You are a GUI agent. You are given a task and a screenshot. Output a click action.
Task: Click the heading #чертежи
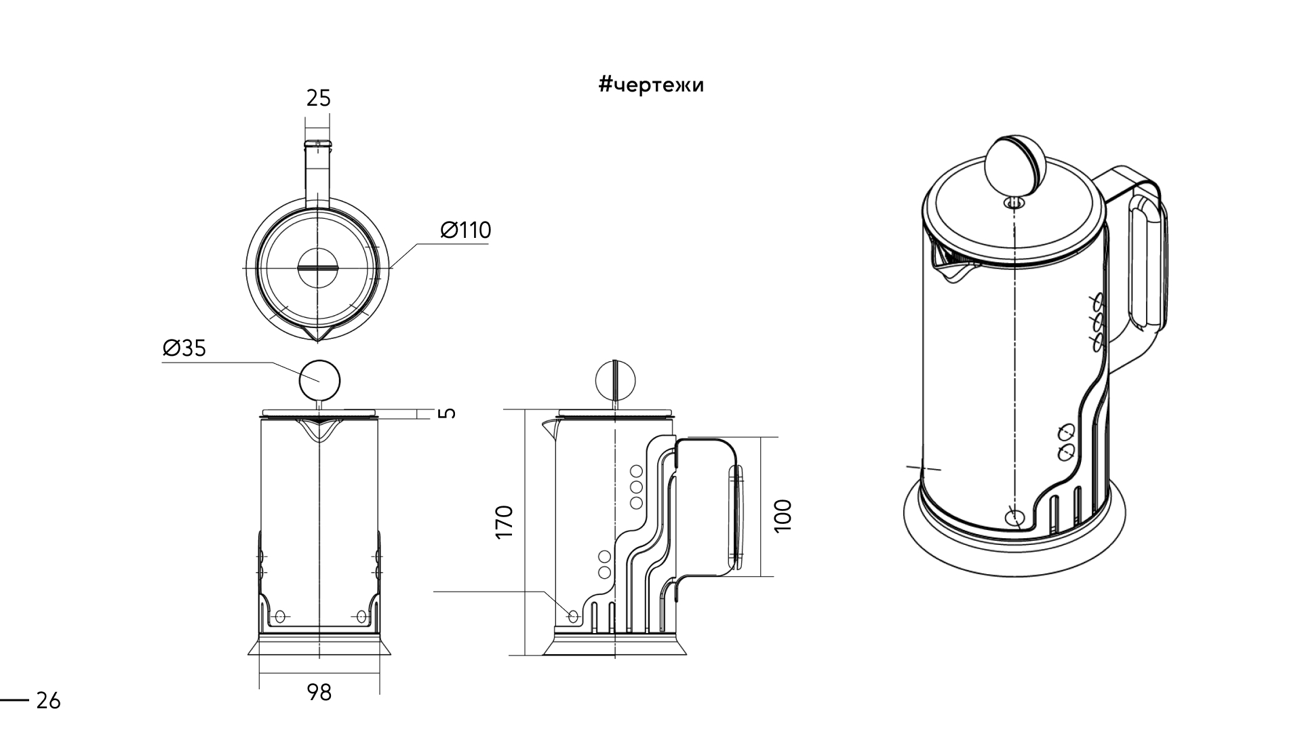pos(652,85)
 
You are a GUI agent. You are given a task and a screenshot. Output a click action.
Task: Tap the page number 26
pos(48,701)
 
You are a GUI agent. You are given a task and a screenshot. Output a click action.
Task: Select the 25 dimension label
pos(318,99)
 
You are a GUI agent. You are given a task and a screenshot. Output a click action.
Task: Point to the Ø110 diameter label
pos(465,230)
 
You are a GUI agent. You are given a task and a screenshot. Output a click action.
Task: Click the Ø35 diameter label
pos(184,348)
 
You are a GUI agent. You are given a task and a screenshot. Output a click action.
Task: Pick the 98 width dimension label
pos(319,693)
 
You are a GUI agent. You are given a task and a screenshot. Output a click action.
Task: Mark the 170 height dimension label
pos(505,521)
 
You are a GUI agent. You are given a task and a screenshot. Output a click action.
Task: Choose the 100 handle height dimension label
pos(783,515)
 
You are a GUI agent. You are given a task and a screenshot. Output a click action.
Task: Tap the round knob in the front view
pos(319,380)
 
